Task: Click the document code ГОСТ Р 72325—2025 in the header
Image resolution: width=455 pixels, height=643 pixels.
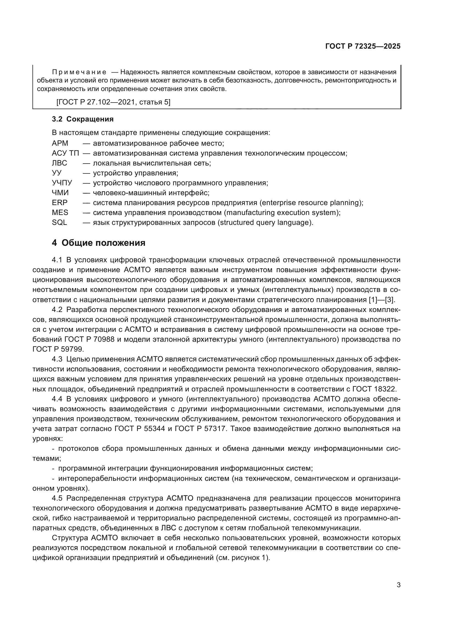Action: [x=363, y=46]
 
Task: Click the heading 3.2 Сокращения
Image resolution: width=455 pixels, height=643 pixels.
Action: [x=83, y=119]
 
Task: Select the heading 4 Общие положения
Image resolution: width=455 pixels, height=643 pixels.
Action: [x=99, y=243]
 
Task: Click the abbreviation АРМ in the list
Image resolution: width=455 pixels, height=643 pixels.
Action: [x=60, y=143]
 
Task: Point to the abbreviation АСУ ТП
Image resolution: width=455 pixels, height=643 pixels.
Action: [x=65, y=153]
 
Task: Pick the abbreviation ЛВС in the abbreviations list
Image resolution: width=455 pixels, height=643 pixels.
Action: [x=59, y=163]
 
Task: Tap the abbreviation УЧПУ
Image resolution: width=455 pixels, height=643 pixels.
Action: [x=62, y=183]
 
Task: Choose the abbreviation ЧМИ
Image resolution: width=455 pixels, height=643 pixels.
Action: [x=60, y=193]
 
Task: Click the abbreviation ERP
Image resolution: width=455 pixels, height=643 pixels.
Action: [x=60, y=203]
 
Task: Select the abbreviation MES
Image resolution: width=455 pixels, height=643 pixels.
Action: [x=60, y=213]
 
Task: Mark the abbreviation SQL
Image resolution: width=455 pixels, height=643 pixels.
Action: [x=59, y=222]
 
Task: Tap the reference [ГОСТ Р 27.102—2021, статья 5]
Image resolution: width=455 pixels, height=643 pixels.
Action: [x=113, y=102]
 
